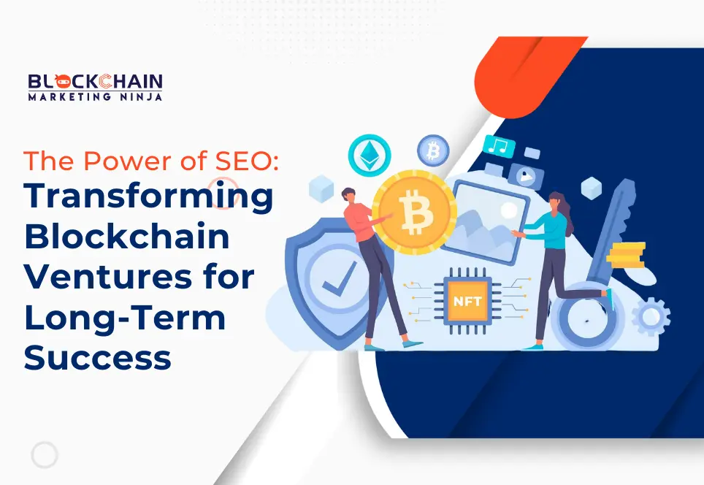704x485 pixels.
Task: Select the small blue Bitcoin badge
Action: click(432, 151)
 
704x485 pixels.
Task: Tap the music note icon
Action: click(499, 146)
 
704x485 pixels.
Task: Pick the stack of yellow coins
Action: click(627, 255)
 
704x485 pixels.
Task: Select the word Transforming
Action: click(148, 199)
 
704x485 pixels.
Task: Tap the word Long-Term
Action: click(125, 318)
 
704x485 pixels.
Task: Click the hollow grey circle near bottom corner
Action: click(44, 455)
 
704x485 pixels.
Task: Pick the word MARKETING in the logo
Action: click(70, 96)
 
